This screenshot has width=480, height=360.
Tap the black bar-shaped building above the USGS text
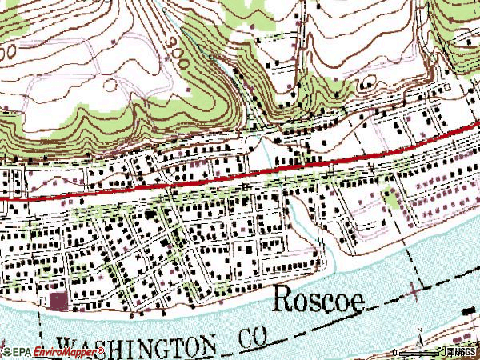[x=470, y=310]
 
